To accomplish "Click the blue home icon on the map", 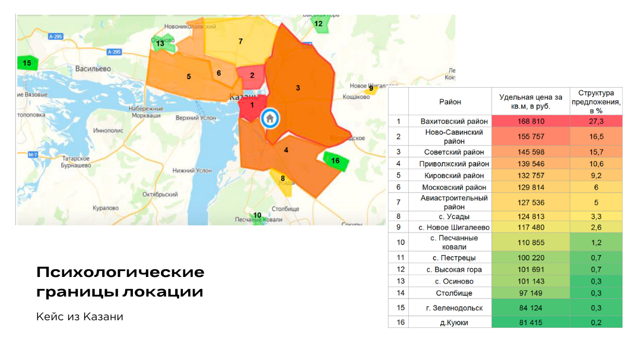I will coord(269,117).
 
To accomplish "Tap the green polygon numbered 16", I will coord(335,161).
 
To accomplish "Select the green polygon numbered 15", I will coord(27,62).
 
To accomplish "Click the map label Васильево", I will coord(94,69).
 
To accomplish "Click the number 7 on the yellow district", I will coord(240,42).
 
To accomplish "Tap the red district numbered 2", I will coord(252,76).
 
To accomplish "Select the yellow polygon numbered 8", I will coord(283,179).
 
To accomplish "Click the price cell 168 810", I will coord(531,122).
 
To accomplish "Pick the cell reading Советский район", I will coord(450,152).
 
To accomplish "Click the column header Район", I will coord(450,102).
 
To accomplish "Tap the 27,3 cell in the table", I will coord(596,122).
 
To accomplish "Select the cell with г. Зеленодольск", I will coord(450,308).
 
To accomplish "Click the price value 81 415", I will coord(531,322).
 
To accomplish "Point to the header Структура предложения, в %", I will coord(596,101).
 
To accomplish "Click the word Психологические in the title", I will coord(120,272).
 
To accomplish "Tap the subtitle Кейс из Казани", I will coord(80,317).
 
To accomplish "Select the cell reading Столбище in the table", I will coord(450,293).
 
